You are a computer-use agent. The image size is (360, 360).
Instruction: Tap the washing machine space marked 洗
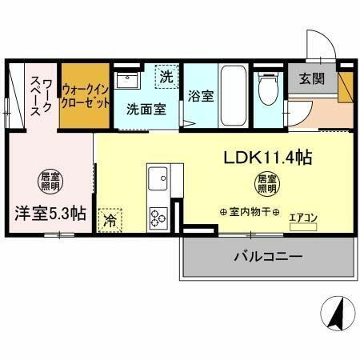click(x=166, y=78)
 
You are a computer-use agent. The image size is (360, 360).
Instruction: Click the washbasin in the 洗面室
click(x=127, y=81)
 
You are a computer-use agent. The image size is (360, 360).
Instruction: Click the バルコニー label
click(x=268, y=258)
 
